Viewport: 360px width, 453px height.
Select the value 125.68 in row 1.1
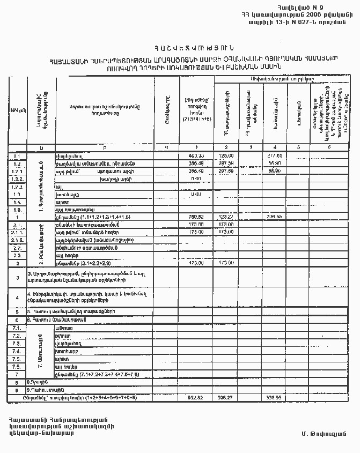click(226, 155)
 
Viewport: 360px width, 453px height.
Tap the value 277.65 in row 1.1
click(275, 155)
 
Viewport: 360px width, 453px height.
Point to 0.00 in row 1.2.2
click(195, 179)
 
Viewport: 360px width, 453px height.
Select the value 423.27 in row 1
click(226, 217)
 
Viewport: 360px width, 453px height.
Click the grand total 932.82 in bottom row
click(195, 398)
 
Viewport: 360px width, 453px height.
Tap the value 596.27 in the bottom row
click(226, 398)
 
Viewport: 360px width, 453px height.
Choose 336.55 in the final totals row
click(275, 398)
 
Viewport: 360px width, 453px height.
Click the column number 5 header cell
click(298, 147)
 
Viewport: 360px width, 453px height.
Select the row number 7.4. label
click(17, 351)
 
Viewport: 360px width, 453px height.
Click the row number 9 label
click(17, 390)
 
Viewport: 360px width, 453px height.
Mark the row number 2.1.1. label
click(17, 233)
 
